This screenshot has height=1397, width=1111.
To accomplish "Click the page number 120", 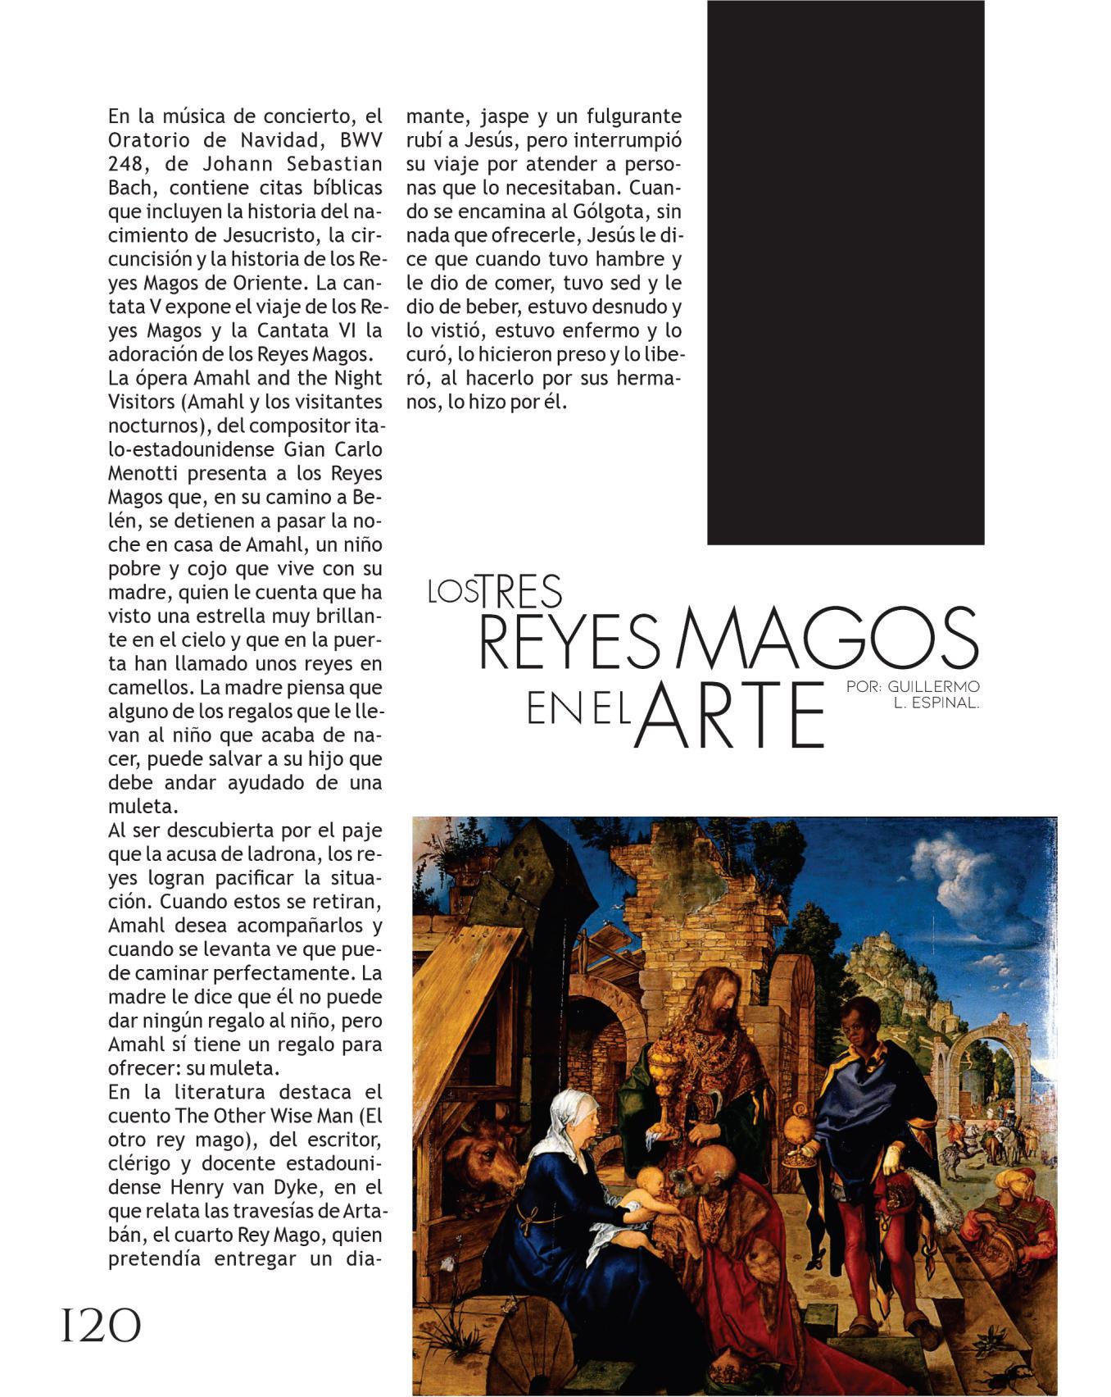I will click(x=101, y=1326).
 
